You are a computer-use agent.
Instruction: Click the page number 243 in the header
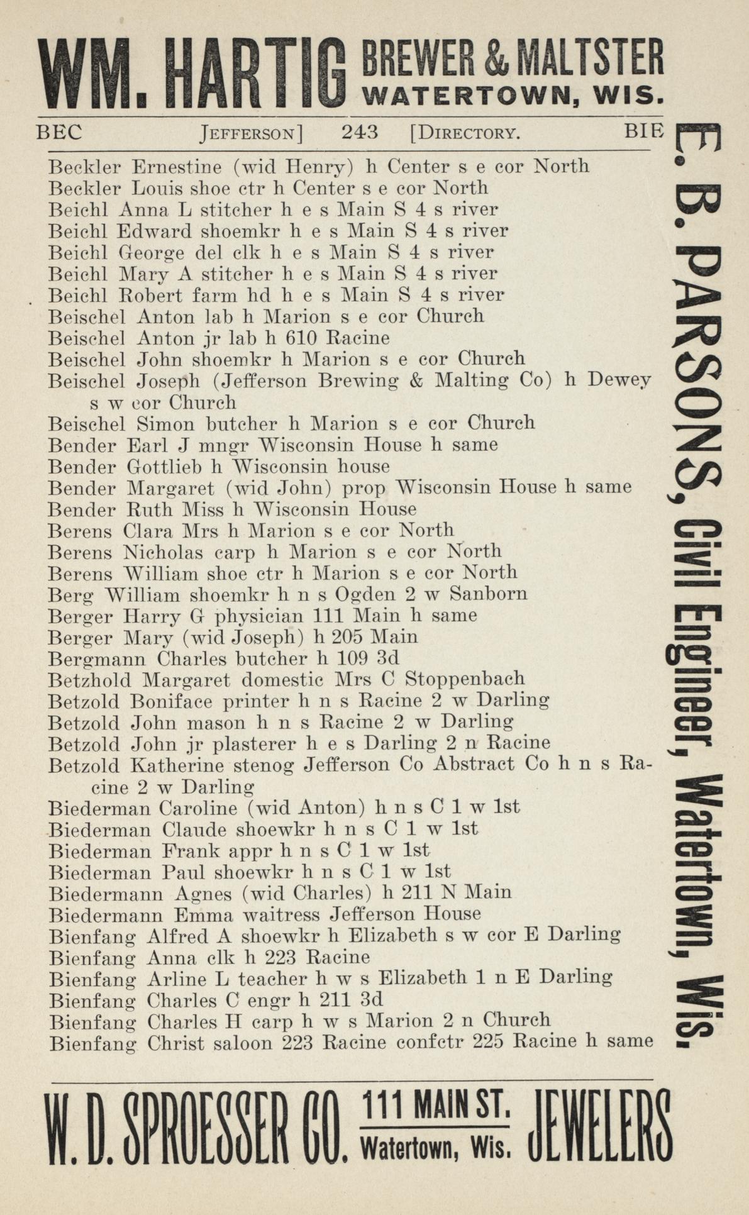tap(360, 132)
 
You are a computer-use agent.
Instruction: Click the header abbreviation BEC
tap(59, 132)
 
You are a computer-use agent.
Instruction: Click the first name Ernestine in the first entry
tap(177, 167)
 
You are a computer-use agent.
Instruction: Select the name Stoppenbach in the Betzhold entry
tap(465, 680)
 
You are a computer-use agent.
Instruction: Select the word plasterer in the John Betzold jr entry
tap(255, 744)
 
